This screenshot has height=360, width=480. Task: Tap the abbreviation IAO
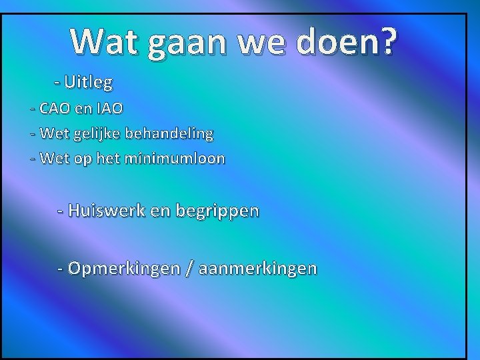(x=109, y=108)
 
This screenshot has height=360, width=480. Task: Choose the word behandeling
(x=171, y=133)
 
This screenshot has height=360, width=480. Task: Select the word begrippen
(x=217, y=211)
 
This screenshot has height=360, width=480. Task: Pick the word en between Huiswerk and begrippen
(x=161, y=211)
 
